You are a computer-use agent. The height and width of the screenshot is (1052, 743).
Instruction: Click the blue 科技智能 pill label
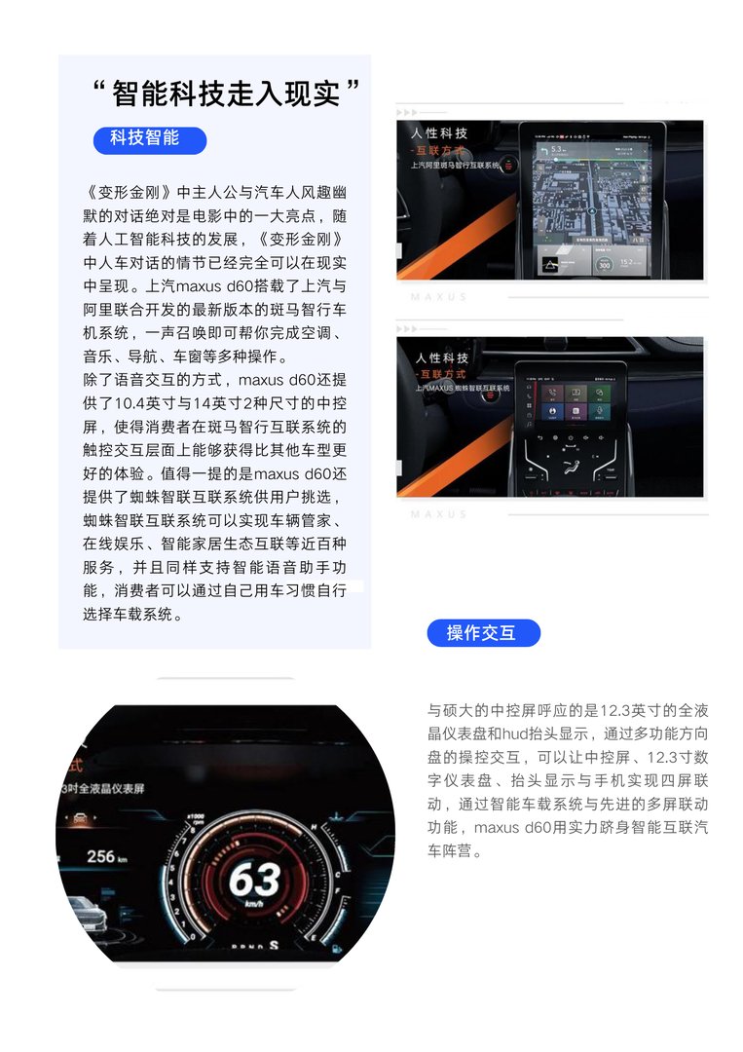point(149,138)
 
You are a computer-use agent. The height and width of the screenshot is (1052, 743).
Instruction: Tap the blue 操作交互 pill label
point(483,633)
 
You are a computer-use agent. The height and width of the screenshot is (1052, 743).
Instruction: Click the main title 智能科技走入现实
point(226,94)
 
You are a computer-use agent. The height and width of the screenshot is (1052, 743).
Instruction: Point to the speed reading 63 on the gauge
point(254,881)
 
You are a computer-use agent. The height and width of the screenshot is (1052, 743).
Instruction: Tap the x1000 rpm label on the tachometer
point(196,816)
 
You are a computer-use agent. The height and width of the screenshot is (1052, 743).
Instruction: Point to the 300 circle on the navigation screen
point(604,264)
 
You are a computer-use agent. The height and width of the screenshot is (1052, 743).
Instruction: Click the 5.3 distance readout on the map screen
point(557,149)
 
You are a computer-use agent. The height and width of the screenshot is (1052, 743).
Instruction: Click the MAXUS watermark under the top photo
point(438,296)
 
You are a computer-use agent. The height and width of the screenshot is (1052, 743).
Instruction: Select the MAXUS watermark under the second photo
point(438,513)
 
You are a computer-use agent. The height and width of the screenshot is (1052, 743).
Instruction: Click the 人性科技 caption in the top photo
point(439,132)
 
